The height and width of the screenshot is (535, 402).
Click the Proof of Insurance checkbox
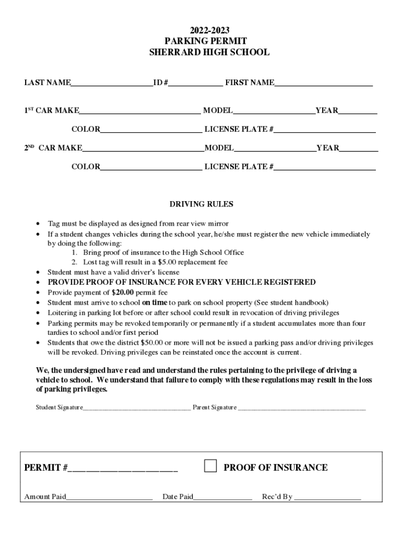[x=210, y=466]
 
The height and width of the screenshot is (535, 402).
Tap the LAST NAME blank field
[x=112, y=83]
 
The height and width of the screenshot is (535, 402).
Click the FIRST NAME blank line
[x=323, y=83]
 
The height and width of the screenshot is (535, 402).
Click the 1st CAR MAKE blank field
[x=139, y=110]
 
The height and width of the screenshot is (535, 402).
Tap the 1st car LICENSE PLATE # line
[x=325, y=129]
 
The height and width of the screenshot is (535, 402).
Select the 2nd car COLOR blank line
[x=151, y=167]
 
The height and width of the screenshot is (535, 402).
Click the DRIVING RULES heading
[x=202, y=204]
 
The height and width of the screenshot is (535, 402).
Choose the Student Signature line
[x=136, y=408]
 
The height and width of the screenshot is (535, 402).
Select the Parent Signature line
[x=302, y=408]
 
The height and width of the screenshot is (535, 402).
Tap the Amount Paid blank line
[x=109, y=497]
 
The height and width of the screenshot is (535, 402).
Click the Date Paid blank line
[x=223, y=497]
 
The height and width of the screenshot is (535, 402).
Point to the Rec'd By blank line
[x=327, y=497]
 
